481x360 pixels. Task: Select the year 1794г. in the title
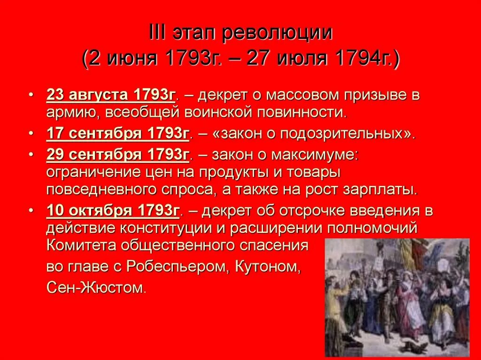coord(366,60)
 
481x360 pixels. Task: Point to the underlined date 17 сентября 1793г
coord(117,134)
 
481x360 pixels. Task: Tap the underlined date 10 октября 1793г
coord(113,211)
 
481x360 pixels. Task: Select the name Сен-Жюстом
coord(96,287)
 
